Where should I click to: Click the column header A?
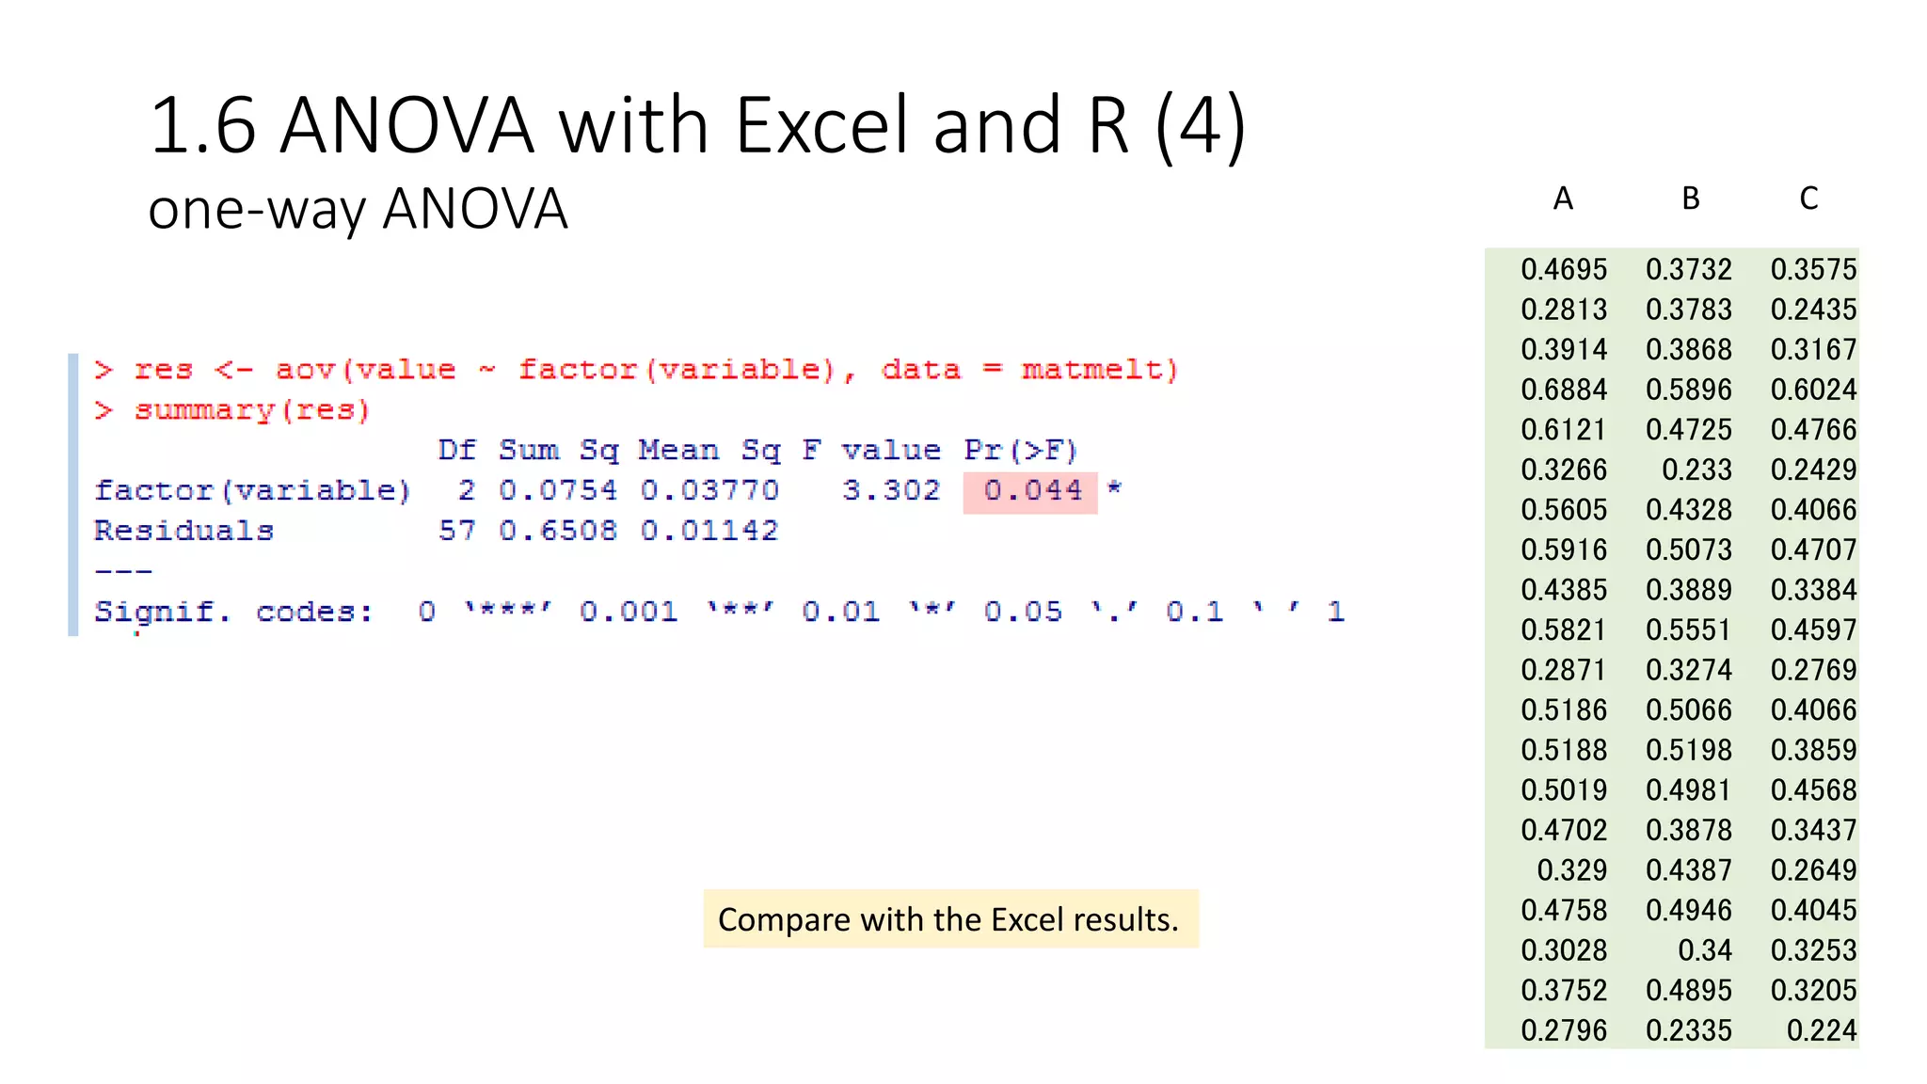tap(1563, 199)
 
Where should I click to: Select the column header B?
tap(1691, 199)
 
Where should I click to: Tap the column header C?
tap(1808, 199)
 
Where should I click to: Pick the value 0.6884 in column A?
tap(1564, 390)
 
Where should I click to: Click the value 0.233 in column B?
tap(1696, 470)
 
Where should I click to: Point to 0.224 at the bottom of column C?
tap(1822, 1030)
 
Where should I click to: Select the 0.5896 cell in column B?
tap(1689, 390)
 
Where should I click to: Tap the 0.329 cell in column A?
tap(1571, 870)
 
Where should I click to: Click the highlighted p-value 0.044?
tap(1032, 490)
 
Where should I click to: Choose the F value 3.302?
tap(890, 490)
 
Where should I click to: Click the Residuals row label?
tap(183, 531)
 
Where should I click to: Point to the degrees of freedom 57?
tap(456, 531)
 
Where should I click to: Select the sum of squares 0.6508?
tap(558, 531)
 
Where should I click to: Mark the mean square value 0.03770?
tap(709, 490)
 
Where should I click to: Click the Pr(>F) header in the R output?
tap(1020, 450)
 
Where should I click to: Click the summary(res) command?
tap(252, 410)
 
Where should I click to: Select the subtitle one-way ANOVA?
tap(358, 209)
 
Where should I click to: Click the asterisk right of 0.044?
tap(1114, 488)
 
